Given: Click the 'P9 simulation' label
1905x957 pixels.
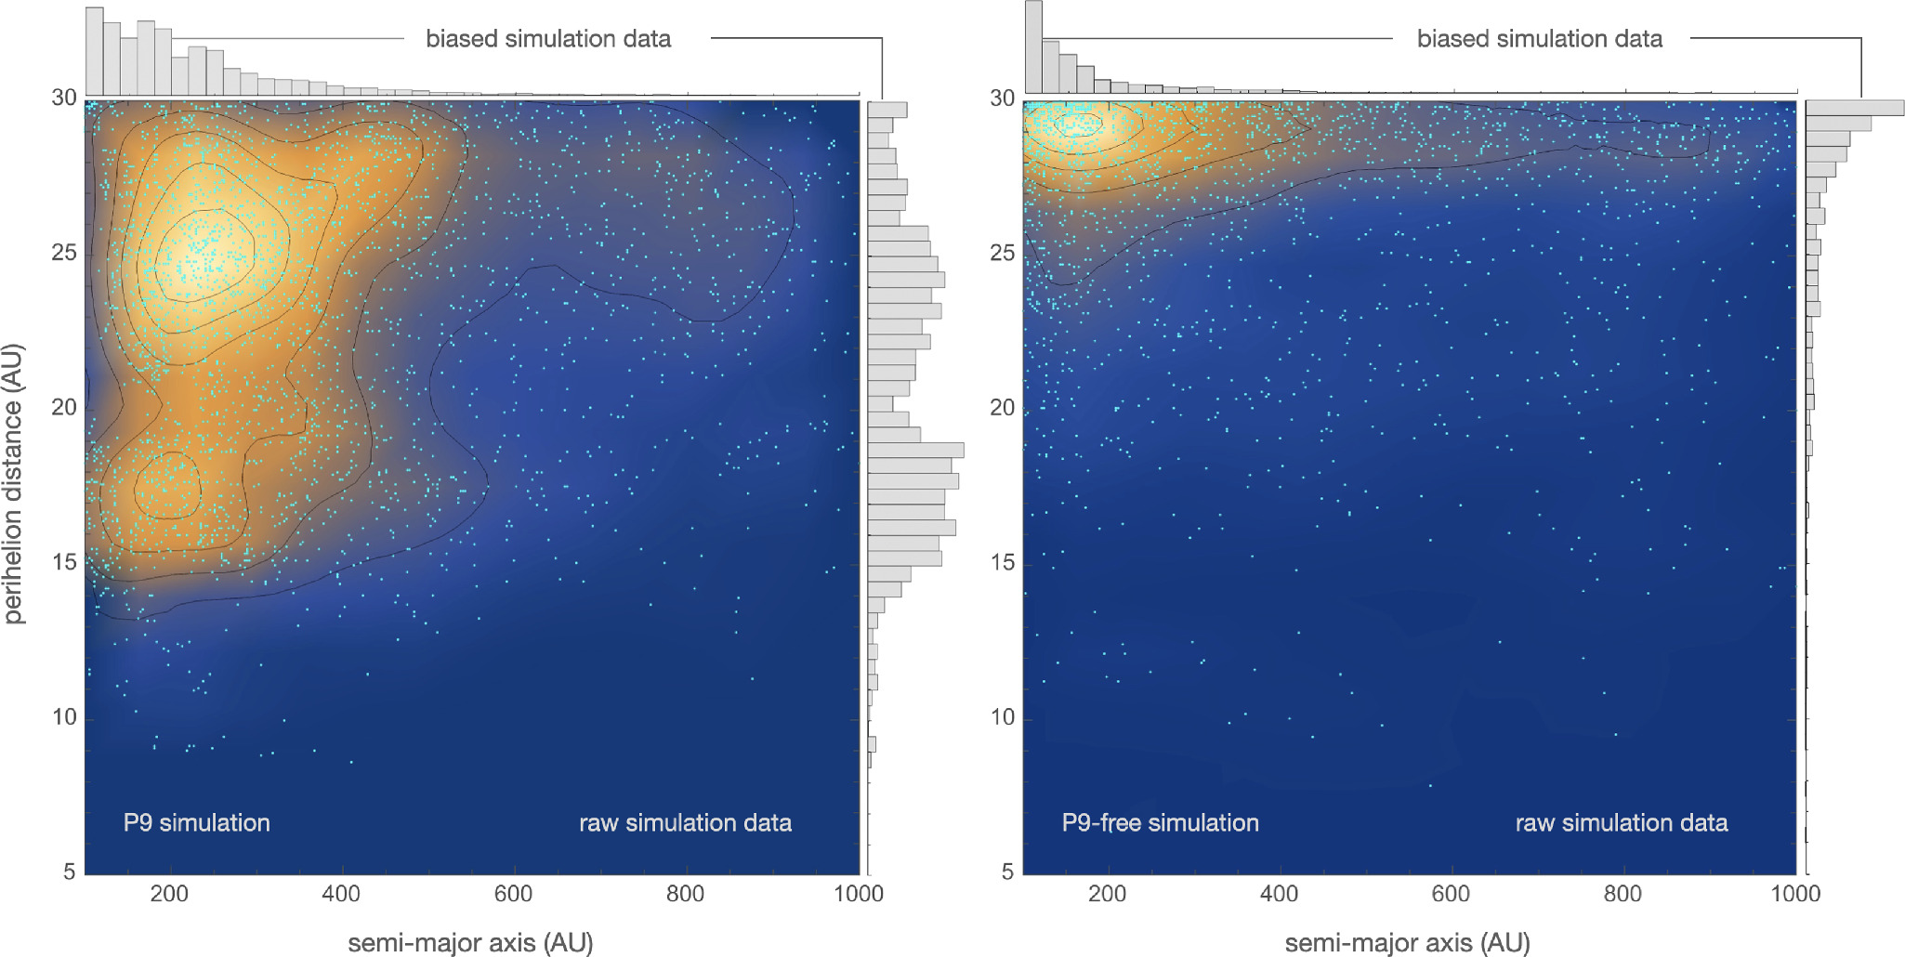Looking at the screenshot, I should [196, 823].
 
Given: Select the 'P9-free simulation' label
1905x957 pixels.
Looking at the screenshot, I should [1160, 823].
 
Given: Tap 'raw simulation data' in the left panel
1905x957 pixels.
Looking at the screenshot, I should [685, 823].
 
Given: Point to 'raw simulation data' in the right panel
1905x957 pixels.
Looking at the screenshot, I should [1622, 823].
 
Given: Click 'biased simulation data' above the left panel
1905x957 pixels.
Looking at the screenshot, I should [548, 39].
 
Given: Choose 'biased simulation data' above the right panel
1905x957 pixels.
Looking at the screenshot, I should [1539, 39].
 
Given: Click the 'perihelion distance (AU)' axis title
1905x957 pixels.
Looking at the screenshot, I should [14, 483].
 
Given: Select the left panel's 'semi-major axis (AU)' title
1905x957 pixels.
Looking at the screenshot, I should [470, 943].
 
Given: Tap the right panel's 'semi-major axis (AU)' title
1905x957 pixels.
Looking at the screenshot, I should [1407, 943].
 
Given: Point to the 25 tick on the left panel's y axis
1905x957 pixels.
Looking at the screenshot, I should [64, 254].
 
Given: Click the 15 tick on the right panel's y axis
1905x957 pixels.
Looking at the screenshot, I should [1002, 563].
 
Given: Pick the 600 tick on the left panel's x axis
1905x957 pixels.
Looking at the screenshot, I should [513, 894].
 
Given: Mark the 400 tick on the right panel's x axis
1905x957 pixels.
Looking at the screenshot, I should [1279, 894].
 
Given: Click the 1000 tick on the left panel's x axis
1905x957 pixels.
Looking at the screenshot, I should [859, 894].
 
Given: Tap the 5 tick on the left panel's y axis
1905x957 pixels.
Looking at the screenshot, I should [70, 872].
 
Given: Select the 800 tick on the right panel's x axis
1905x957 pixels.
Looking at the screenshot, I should [1623, 894].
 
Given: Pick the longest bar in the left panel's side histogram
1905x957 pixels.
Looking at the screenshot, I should [915, 451].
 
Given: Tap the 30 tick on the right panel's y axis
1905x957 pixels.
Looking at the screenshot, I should [1002, 98].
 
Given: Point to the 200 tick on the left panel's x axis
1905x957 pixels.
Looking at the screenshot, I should [169, 894].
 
